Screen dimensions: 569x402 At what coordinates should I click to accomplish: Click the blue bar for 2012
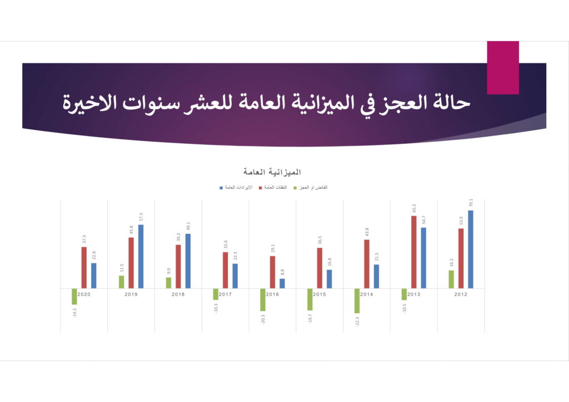pyautogui.click(x=470, y=249)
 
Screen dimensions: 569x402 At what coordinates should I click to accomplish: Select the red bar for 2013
pyautogui.click(x=413, y=252)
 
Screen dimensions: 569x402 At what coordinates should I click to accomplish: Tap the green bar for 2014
pyautogui.click(x=357, y=301)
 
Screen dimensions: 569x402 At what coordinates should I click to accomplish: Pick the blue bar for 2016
pyautogui.click(x=282, y=284)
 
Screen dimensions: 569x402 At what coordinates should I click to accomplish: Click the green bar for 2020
pyautogui.click(x=74, y=297)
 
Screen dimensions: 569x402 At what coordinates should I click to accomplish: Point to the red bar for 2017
pyautogui.click(x=226, y=270)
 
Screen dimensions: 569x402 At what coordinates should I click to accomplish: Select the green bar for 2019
pyautogui.click(x=122, y=282)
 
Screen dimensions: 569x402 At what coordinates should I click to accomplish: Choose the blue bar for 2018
pyautogui.click(x=188, y=261)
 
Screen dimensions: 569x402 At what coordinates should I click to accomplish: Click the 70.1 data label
pyautogui.click(x=471, y=203)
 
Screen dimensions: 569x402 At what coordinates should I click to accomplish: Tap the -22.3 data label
pyautogui.click(x=357, y=322)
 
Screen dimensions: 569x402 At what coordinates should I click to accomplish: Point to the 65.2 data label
pyautogui.click(x=414, y=208)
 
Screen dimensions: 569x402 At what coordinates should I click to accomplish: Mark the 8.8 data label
pyautogui.click(x=282, y=272)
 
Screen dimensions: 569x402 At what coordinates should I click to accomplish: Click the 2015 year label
pyautogui.click(x=320, y=294)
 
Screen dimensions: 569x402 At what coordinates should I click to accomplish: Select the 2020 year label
pyautogui.click(x=84, y=294)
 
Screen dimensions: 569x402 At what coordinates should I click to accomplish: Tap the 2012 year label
pyautogui.click(x=461, y=294)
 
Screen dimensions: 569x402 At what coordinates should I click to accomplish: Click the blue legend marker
pyautogui.click(x=221, y=188)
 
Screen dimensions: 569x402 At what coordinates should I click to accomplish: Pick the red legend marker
pyautogui.click(x=260, y=188)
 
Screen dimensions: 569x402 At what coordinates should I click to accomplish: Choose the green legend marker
pyautogui.click(x=295, y=188)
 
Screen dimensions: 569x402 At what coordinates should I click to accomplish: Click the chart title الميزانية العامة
pyautogui.click(x=272, y=172)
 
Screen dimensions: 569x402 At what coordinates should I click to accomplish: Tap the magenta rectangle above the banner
pyautogui.click(x=503, y=68)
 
